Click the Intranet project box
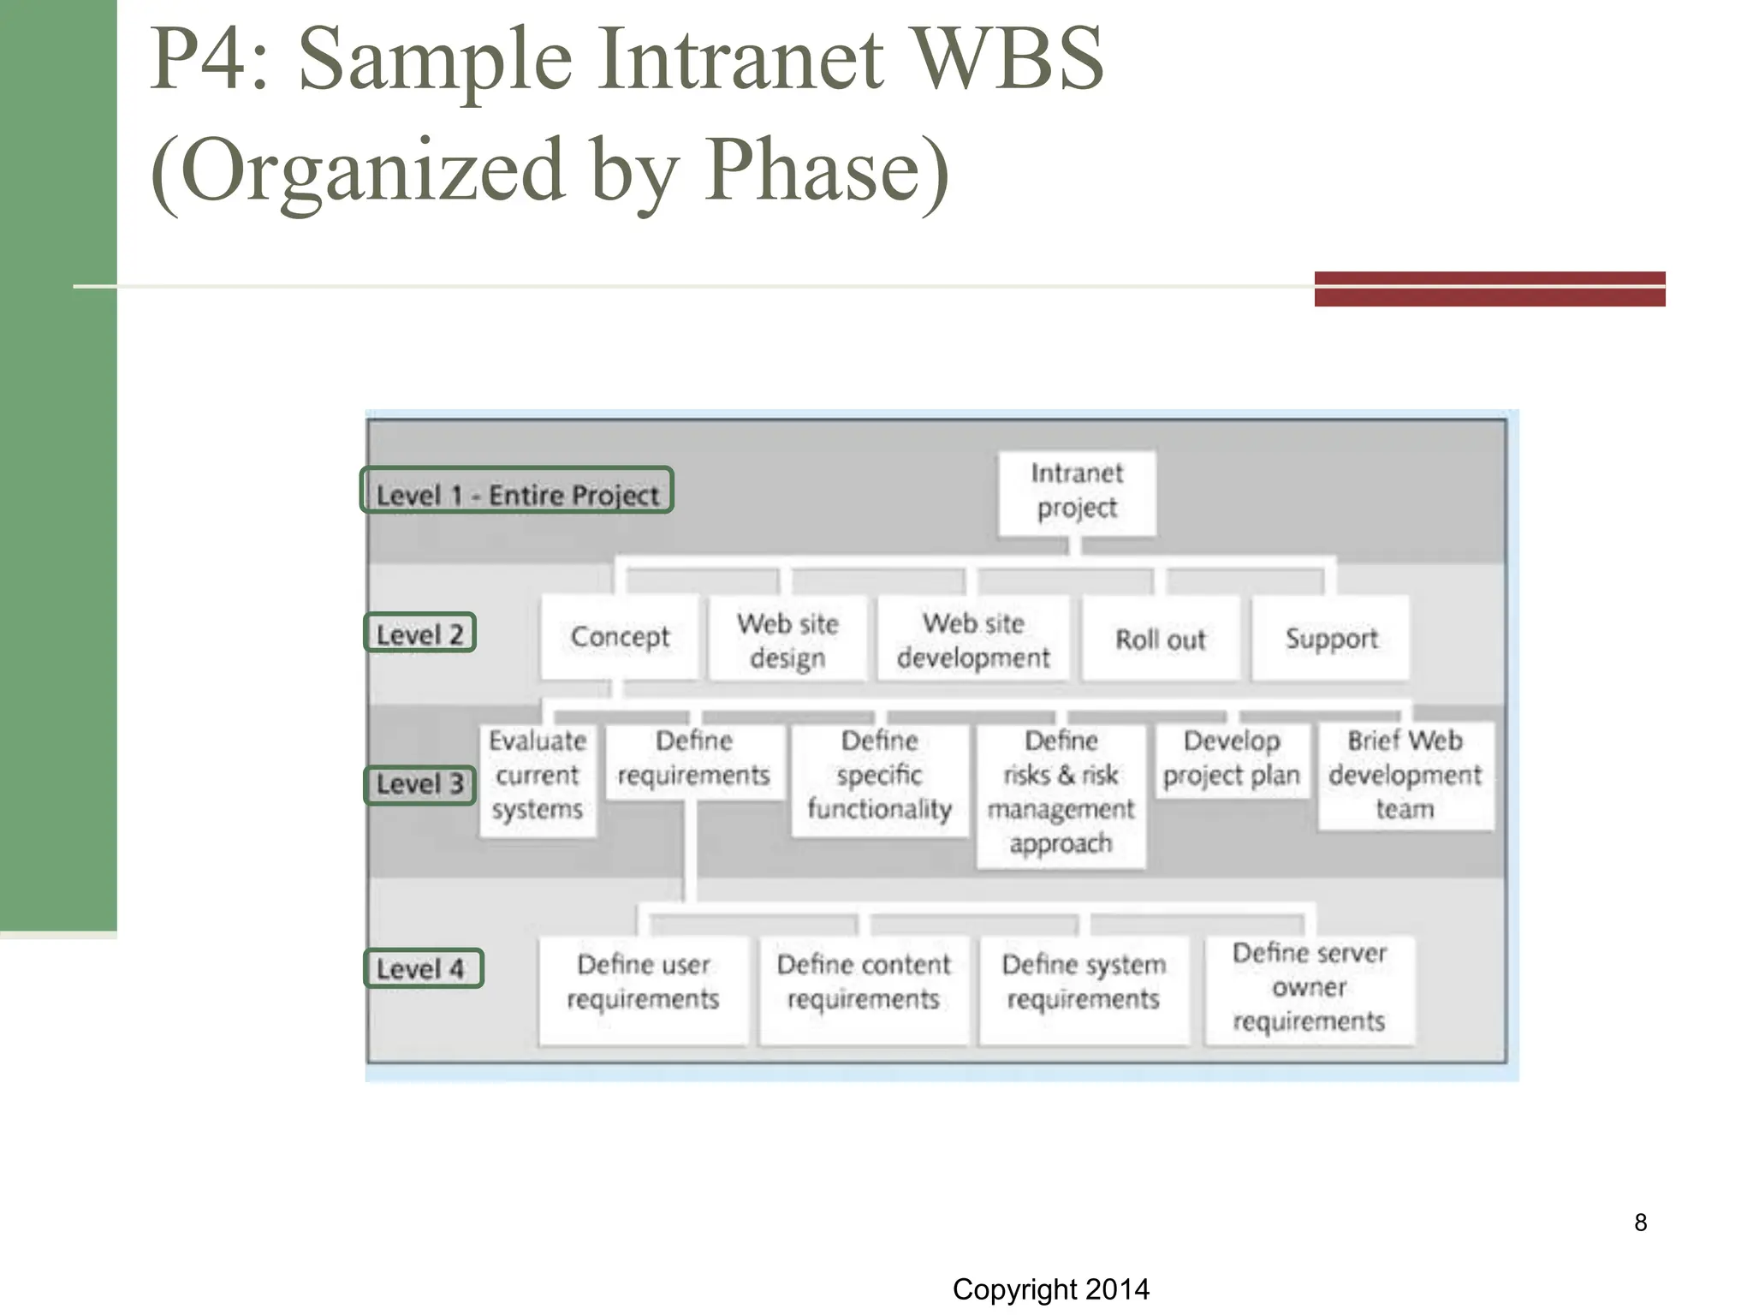(1077, 491)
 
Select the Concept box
(620, 638)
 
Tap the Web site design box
(787, 640)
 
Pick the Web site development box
(973, 640)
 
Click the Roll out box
(1160, 640)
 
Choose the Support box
(1331, 639)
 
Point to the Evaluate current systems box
(538, 776)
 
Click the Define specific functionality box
(879, 776)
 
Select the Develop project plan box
(1231, 759)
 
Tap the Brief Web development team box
(1405, 776)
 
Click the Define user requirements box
(643, 983)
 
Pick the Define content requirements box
(863, 983)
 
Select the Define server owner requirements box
(1309, 988)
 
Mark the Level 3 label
(419, 784)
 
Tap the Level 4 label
(423, 969)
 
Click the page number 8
(1640, 1223)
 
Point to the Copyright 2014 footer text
(1050, 1289)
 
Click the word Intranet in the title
(739, 60)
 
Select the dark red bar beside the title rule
(1489, 289)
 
